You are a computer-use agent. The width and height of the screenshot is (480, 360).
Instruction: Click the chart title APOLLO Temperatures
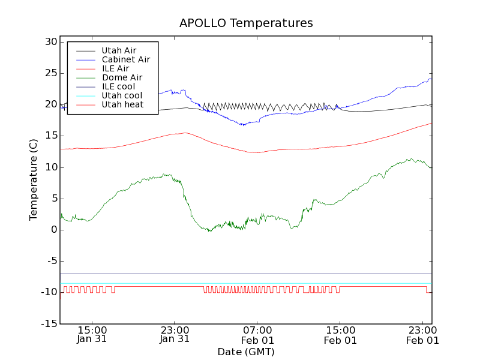(246, 23)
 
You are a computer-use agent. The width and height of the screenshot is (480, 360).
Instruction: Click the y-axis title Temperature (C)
(34, 180)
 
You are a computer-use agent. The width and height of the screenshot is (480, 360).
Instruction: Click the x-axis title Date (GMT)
(246, 352)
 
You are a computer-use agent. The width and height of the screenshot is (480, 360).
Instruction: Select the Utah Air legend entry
(119, 50)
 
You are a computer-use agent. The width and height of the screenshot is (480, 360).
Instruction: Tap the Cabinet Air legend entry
(125, 59)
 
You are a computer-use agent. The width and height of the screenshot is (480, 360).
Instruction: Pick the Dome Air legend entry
(122, 77)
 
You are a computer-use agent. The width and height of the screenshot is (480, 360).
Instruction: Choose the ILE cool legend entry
(118, 86)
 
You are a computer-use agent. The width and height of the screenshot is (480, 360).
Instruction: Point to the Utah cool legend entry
(122, 95)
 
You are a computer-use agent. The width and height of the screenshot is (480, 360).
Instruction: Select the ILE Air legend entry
(115, 68)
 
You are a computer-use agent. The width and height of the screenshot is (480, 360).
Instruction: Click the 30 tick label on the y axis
(50, 42)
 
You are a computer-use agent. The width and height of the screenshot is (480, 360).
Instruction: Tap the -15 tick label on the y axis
(48, 324)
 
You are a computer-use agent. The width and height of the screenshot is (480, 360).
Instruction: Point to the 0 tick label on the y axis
(54, 230)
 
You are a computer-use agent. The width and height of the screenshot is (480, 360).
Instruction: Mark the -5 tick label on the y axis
(50, 261)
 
